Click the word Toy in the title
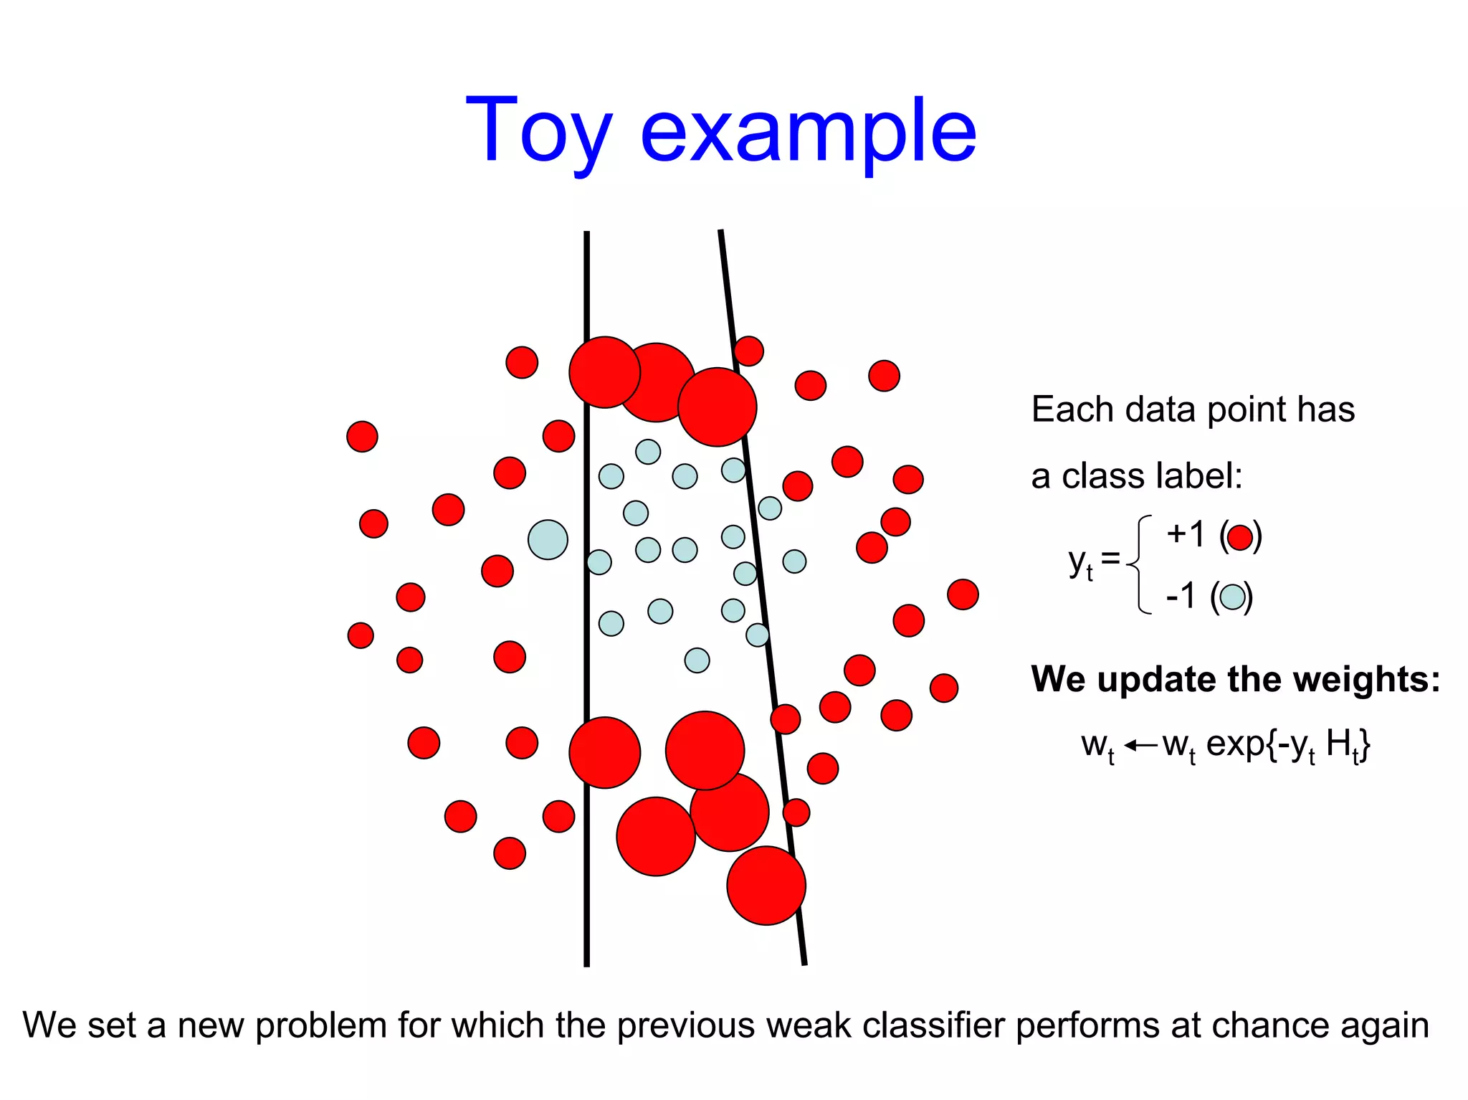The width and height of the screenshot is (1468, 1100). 538,133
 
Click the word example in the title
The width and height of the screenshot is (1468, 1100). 808,133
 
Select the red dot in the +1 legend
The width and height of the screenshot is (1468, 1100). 1240,537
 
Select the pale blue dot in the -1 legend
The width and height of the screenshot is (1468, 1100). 1232,597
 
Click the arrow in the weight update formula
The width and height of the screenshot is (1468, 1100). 1140,746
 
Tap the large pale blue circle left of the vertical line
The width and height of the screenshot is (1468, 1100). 548,539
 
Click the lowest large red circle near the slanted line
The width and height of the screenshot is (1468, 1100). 766,885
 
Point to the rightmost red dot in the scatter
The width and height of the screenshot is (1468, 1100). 962,594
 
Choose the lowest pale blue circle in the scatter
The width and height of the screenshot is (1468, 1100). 697,660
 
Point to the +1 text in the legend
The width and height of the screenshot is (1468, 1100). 1186,534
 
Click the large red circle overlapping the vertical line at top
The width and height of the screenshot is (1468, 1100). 604,372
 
